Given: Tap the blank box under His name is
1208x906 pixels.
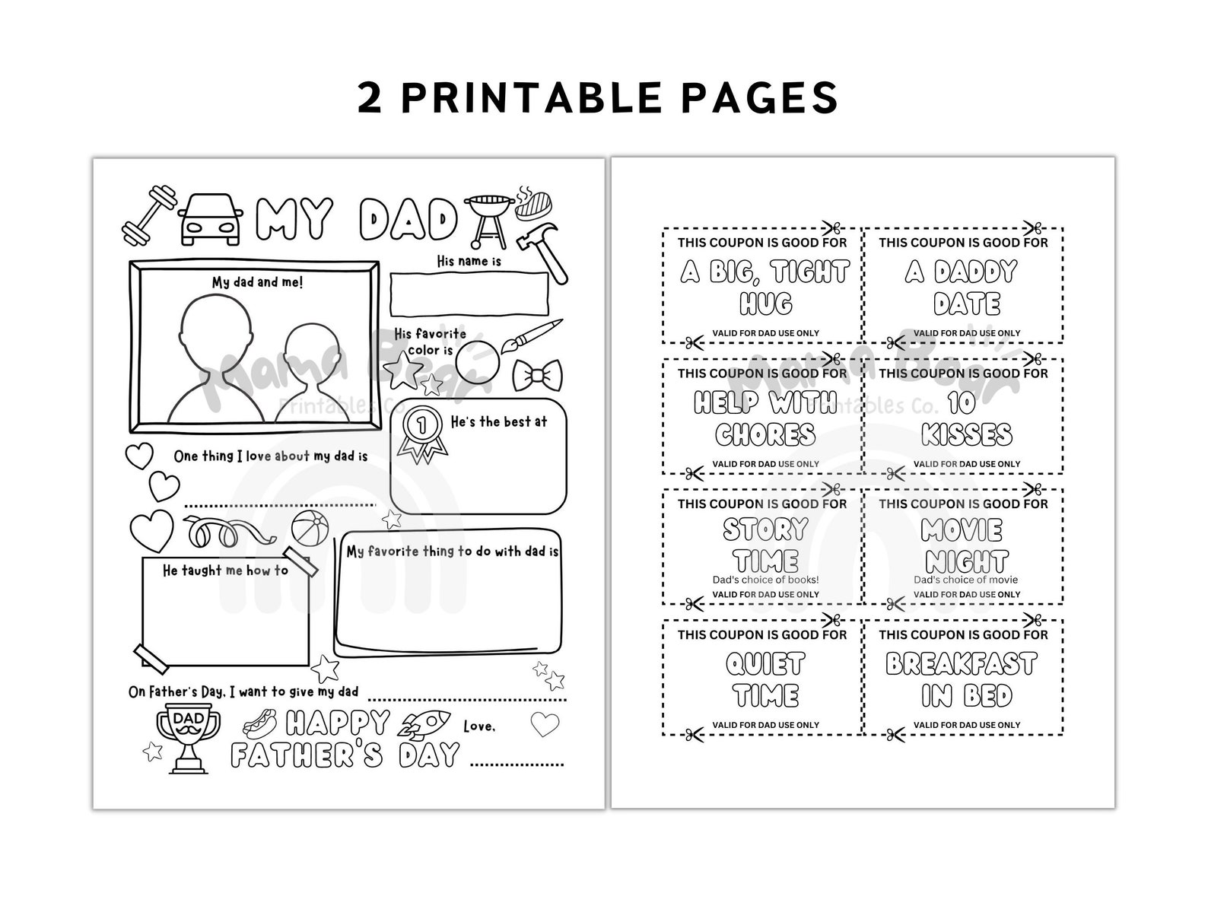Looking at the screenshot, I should (x=469, y=294).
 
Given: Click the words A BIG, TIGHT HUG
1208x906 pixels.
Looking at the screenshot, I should (x=765, y=288).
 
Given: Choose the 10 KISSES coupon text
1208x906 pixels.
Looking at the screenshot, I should (x=966, y=418).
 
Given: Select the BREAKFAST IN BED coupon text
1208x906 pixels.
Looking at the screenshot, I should (x=962, y=679).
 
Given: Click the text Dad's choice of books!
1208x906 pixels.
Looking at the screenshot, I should (x=765, y=580).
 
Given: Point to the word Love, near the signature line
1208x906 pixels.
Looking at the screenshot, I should (x=479, y=726).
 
